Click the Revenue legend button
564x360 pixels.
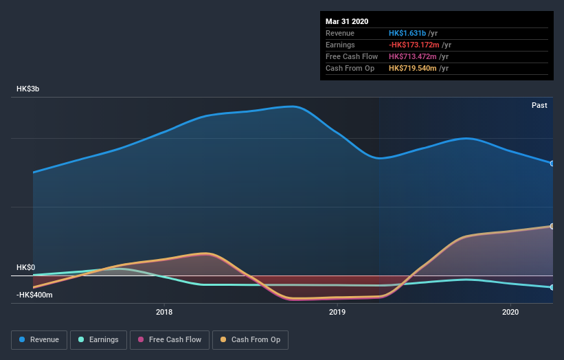(x=39, y=339)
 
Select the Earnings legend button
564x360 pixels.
(x=98, y=339)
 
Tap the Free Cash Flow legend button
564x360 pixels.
(x=170, y=339)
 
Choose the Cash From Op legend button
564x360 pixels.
(x=250, y=339)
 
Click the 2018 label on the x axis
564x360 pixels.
(x=164, y=313)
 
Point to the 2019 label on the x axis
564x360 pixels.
(x=337, y=313)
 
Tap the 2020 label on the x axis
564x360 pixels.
(x=510, y=313)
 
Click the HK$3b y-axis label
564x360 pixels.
(x=28, y=89)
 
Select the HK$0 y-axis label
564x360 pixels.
(x=25, y=267)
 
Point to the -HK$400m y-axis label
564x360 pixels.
(x=34, y=295)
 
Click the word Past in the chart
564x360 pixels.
(x=539, y=105)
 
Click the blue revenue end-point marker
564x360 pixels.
(x=552, y=164)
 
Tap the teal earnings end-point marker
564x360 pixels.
(x=552, y=287)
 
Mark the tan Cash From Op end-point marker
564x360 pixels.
(x=552, y=226)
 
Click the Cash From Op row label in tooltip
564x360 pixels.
(x=350, y=68)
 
